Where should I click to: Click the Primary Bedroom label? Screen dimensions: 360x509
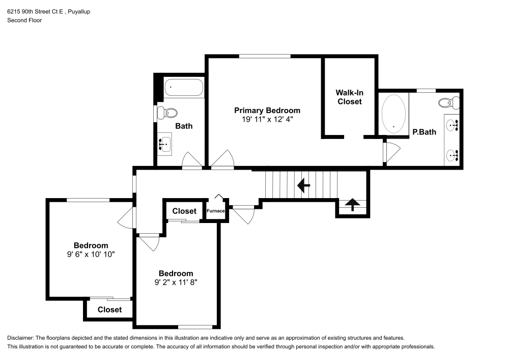pyautogui.click(x=267, y=110)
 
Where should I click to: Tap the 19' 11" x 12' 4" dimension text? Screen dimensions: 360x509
pyautogui.click(x=267, y=119)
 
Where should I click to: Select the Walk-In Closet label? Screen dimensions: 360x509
pyautogui.click(x=349, y=97)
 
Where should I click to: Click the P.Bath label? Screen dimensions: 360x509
pyautogui.click(x=424, y=132)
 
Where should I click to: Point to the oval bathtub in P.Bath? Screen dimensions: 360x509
pyautogui.click(x=394, y=113)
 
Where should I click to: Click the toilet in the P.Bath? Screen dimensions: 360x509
pyautogui.click(x=448, y=102)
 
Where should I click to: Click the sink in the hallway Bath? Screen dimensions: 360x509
pyautogui.click(x=164, y=145)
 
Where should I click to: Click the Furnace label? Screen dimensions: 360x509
pyautogui.click(x=216, y=210)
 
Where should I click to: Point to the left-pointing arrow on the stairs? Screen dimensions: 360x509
pyautogui.click(x=304, y=185)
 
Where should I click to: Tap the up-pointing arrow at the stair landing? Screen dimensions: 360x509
pyautogui.click(x=352, y=205)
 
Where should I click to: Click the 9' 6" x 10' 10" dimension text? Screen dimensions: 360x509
pyautogui.click(x=91, y=255)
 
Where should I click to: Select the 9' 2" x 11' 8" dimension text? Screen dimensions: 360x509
pyautogui.click(x=176, y=282)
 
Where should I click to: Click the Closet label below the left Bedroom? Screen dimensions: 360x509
pyautogui.click(x=109, y=310)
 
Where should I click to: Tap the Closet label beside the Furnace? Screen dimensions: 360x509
pyautogui.click(x=184, y=211)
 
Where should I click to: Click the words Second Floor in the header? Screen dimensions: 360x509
pyautogui.click(x=24, y=20)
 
